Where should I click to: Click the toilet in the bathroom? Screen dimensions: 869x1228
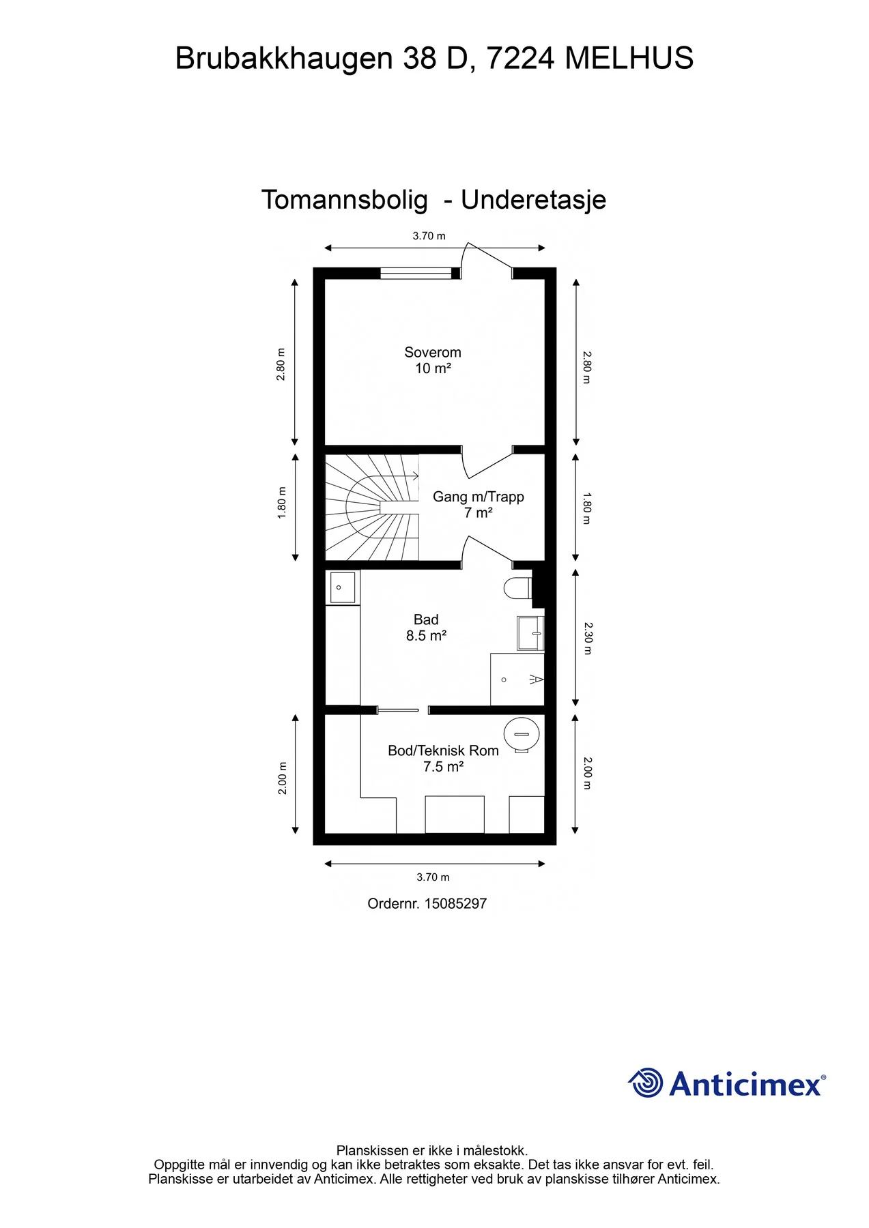(x=518, y=588)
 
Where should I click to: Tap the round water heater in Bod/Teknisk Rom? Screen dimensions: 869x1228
(x=522, y=735)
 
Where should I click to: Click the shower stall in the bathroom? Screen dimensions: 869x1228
(x=517, y=679)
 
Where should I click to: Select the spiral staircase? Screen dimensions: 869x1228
(x=372, y=508)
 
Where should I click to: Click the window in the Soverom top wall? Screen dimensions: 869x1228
(x=416, y=274)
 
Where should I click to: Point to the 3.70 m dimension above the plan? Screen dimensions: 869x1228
(x=429, y=236)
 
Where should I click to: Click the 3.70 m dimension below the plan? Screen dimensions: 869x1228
(x=433, y=877)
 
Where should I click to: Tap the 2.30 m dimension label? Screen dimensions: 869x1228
(x=588, y=638)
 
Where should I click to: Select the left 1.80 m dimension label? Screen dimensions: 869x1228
(x=282, y=503)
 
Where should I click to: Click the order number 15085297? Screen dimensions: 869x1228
(x=455, y=903)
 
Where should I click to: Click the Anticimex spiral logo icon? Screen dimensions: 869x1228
(x=646, y=1083)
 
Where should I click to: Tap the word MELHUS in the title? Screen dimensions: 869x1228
(x=629, y=58)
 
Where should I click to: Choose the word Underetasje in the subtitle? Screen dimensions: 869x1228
(x=534, y=200)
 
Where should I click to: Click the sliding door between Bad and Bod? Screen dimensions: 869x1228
(x=398, y=710)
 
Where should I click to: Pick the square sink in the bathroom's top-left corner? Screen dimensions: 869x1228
(x=343, y=587)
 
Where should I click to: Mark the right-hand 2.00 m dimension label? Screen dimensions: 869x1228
(x=588, y=773)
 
